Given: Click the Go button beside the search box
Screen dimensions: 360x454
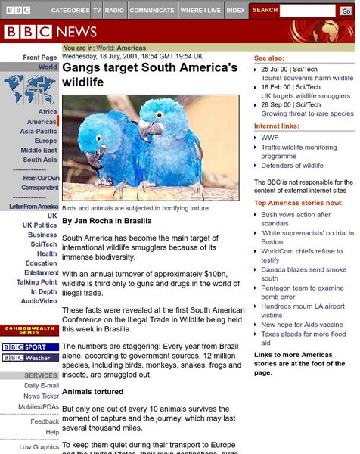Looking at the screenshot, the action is click(346, 11).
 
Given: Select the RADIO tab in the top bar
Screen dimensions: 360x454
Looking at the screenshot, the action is click(115, 11).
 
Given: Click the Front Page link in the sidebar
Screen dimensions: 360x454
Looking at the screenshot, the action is click(39, 58).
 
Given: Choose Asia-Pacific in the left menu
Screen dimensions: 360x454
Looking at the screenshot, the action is click(38, 132).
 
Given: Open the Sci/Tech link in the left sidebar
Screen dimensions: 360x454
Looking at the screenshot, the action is click(43, 244).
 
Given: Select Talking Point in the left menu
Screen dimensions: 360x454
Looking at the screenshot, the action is click(37, 282).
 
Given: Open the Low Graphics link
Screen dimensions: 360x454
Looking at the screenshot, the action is click(39, 447).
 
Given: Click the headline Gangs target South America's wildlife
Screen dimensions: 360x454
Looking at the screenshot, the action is click(149, 74).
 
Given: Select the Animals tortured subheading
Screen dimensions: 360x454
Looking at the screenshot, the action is click(94, 392).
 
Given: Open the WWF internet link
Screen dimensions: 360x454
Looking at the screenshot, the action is click(269, 138).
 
